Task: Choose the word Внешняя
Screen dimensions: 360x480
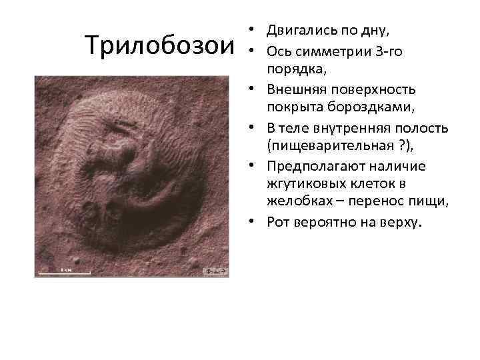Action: (293, 89)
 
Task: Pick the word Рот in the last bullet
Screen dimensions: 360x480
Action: (277, 221)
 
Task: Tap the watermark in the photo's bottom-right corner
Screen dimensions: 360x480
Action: (215, 271)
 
